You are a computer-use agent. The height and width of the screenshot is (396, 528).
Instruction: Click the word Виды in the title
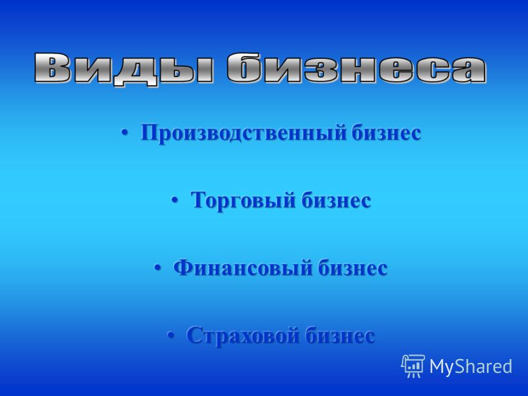(123, 70)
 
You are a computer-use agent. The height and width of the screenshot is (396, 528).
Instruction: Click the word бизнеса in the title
(356, 69)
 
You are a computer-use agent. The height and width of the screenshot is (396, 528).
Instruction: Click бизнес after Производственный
(387, 133)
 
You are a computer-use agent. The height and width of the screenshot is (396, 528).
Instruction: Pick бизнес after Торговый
(336, 200)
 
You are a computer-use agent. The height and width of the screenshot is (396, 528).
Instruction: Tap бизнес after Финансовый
(353, 268)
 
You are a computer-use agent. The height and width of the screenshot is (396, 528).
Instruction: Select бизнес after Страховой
(340, 335)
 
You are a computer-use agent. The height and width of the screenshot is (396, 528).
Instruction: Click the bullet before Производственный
(125, 133)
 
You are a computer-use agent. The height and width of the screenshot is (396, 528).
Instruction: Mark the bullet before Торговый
(175, 201)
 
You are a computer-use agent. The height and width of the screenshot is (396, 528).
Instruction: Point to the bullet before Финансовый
(158, 269)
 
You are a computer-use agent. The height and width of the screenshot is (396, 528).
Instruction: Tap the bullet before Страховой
(171, 336)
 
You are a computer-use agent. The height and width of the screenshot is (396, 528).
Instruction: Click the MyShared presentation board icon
(413, 366)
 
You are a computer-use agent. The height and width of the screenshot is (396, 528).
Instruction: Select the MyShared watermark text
(471, 366)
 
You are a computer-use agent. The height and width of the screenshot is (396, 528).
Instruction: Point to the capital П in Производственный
(150, 133)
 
